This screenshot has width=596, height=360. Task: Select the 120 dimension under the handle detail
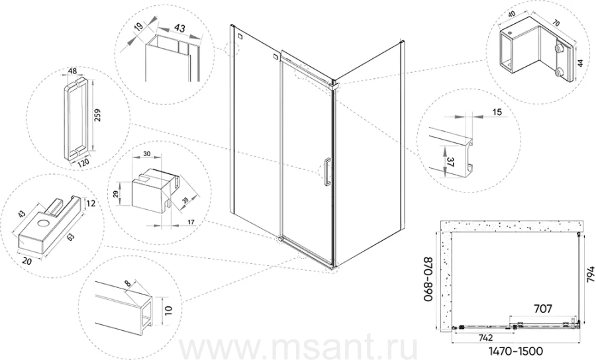[x=83, y=162]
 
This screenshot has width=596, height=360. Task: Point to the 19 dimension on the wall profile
[x=139, y=27]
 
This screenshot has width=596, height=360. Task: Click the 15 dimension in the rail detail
[x=497, y=112]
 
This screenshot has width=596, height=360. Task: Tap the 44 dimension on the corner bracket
[x=580, y=63]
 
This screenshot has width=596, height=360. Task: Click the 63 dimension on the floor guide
[x=71, y=237]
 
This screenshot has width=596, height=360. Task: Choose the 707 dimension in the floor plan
[x=542, y=309]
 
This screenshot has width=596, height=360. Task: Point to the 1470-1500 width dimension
[x=515, y=351]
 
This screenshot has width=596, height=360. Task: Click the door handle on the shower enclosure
[x=326, y=172]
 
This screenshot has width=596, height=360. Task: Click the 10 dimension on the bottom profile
[x=169, y=310]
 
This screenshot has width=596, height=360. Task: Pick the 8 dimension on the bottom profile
[x=127, y=283]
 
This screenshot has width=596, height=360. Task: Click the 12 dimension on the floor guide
[x=91, y=204]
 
